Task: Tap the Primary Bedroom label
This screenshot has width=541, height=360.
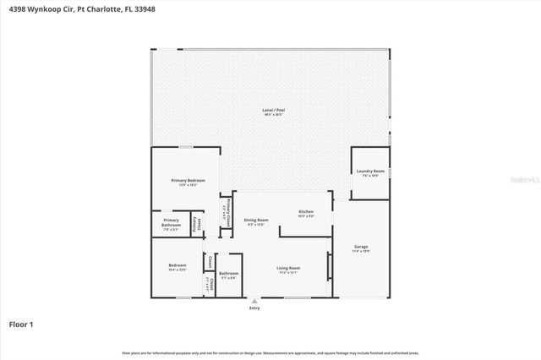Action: click(x=188, y=181)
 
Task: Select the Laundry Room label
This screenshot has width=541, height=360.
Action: click(x=371, y=172)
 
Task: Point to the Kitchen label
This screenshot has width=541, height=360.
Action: click(x=306, y=211)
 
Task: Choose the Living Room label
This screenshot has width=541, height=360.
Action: click(x=288, y=269)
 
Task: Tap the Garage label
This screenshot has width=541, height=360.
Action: click(x=361, y=247)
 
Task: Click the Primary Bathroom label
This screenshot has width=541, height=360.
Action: click(x=172, y=223)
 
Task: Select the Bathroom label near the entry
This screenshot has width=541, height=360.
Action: click(x=228, y=273)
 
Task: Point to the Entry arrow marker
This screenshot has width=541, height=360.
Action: click(x=254, y=300)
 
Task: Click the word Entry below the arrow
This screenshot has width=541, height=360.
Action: click(x=254, y=308)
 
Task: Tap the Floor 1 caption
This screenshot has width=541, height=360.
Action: click(x=20, y=324)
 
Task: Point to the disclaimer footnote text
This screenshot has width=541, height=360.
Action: click(x=270, y=352)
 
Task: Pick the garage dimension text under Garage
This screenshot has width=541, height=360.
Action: click(x=361, y=252)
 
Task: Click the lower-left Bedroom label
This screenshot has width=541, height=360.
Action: click(x=178, y=265)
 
